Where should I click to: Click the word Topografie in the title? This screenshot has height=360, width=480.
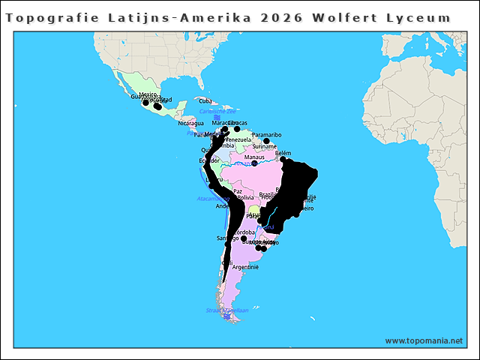48,17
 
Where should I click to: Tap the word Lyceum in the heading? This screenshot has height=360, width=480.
421,17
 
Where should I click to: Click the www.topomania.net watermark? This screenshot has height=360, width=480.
424,340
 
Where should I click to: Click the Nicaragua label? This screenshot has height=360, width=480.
190,123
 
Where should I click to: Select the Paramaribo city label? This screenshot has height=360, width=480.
266,135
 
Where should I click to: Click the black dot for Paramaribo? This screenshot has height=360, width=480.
266,141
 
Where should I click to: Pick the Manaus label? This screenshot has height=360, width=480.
254,157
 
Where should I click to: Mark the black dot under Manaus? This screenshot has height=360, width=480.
254,163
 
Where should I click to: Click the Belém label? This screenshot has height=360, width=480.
283,153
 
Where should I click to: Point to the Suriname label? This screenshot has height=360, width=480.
264,146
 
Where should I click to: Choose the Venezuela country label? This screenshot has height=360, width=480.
238,139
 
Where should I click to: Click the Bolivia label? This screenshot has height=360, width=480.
245,197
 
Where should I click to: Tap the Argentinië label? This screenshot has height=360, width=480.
245,267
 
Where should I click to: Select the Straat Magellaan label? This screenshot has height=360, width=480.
226,310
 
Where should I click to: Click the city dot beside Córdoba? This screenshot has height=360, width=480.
244,238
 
